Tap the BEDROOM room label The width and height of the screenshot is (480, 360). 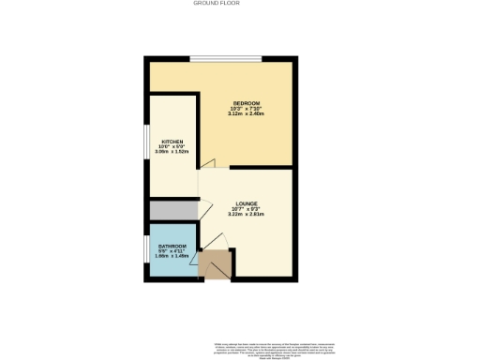pyautogui.click(x=246, y=102)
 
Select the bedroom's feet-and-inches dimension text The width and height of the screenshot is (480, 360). pyautogui.click(x=246, y=108)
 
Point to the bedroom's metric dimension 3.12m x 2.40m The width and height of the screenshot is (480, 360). pyautogui.click(x=246, y=113)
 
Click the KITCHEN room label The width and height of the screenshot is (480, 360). pyautogui.click(x=172, y=141)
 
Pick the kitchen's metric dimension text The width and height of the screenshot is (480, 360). pyautogui.click(x=172, y=152)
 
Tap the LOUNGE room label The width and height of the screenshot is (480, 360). pyautogui.click(x=247, y=202)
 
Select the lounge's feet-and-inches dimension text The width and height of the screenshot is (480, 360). pyautogui.click(x=247, y=208)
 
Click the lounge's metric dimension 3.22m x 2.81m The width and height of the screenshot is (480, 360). pyautogui.click(x=247, y=214)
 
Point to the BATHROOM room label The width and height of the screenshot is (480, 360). pyautogui.click(x=172, y=246)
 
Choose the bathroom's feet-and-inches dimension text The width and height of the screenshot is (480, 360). pyautogui.click(x=172, y=251)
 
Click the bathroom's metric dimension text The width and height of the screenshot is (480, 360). pyautogui.click(x=172, y=257)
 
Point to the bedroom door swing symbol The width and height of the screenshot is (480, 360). pyautogui.click(x=208, y=165)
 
